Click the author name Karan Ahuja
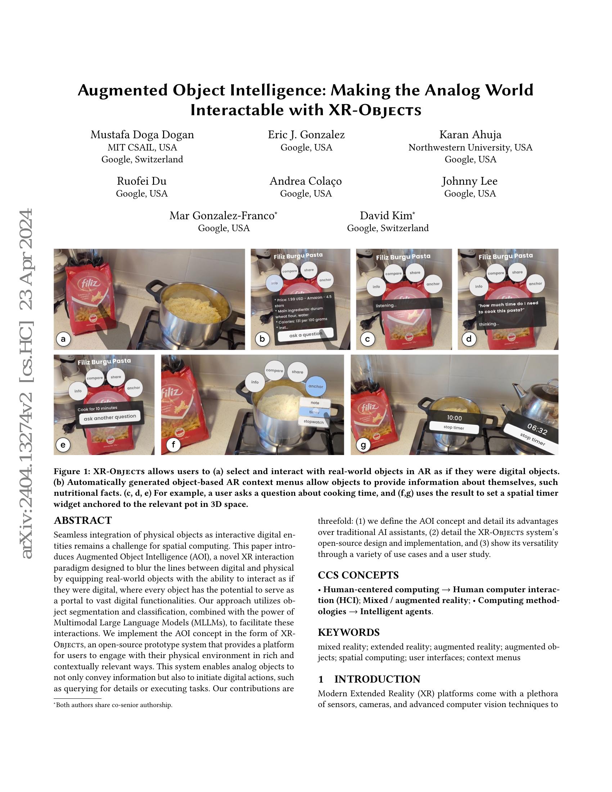point(470,135)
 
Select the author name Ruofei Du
point(142,181)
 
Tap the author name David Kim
point(387,216)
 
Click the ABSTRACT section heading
point(83,521)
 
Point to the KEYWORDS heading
point(348,633)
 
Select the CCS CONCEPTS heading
point(358,575)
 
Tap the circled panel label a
point(64,339)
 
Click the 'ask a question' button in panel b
point(305,335)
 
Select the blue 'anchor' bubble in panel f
point(315,387)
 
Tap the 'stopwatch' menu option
point(314,422)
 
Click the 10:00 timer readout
point(454,418)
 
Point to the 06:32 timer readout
point(537,430)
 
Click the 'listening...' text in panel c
point(386,306)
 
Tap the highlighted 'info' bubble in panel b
point(274,283)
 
